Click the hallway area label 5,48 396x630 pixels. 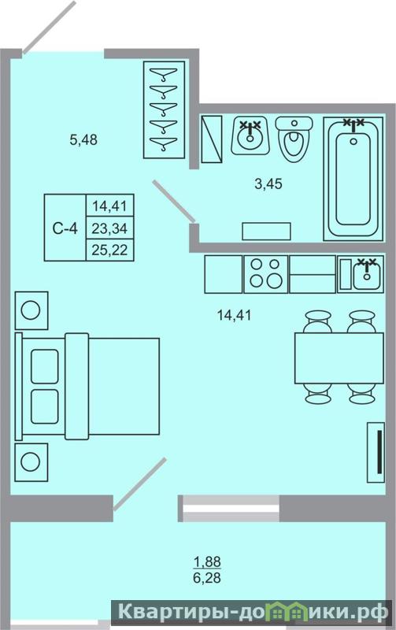click(x=83, y=140)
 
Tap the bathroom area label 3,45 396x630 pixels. click(x=268, y=183)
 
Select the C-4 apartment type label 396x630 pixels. click(x=65, y=228)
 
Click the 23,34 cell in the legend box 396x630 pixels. click(x=109, y=228)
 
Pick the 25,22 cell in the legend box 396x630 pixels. click(x=109, y=250)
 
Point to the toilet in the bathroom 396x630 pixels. click(x=294, y=139)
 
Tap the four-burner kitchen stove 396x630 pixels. click(x=265, y=274)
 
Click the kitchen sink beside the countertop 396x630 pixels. click(x=361, y=273)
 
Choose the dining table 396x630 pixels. click(x=339, y=358)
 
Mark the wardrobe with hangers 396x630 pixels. click(x=164, y=109)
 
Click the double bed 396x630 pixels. click(x=87, y=386)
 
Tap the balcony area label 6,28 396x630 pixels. click(x=207, y=578)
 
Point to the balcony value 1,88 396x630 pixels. click(x=207, y=561)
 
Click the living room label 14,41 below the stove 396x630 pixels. click(x=234, y=315)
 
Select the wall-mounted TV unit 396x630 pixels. click(x=376, y=452)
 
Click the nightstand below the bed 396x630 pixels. click(x=31, y=462)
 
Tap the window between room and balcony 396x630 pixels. click(x=228, y=508)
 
